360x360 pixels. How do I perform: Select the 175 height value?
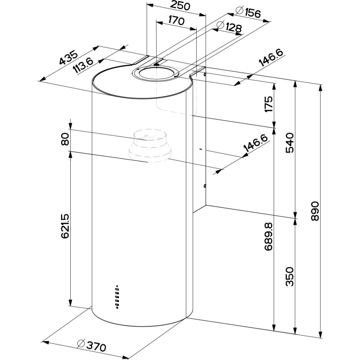coord(269,104)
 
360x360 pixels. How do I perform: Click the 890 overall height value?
coord(315,210)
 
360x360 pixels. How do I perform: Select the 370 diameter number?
coord(96,346)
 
